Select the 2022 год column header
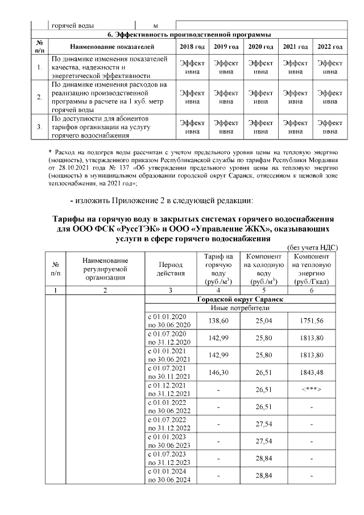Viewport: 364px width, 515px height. pos(330,46)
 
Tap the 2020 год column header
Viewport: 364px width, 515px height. pos(260,46)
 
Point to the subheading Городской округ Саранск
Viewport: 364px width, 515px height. pos(240,299)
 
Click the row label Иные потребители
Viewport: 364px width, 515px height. pos(240,308)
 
